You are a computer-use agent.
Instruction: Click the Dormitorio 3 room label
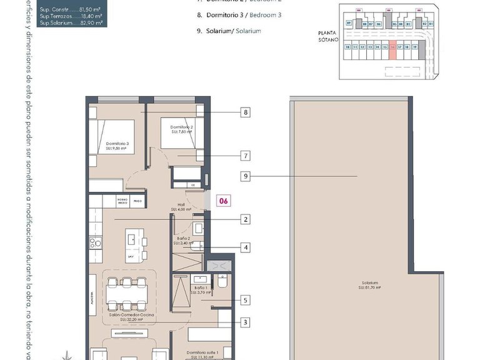pyautogui.click(x=117, y=146)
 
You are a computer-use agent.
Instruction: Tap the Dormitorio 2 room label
pyautogui.click(x=182, y=129)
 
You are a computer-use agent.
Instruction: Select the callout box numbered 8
pyautogui.click(x=246, y=112)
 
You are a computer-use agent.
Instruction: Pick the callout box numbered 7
pyautogui.click(x=246, y=156)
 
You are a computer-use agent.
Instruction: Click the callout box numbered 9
pyautogui.click(x=246, y=177)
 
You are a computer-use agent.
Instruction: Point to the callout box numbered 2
pyautogui.click(x=246, y=219)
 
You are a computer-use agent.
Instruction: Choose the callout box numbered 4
pyautogui.click(x=246, y=247)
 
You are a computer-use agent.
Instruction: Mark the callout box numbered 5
pyautogui.click(x=246, y=300)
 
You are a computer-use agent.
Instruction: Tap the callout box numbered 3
pyautogui.click(x=246, y=322)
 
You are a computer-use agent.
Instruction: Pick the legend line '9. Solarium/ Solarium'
pyautogui.click(x=229, y=31)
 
